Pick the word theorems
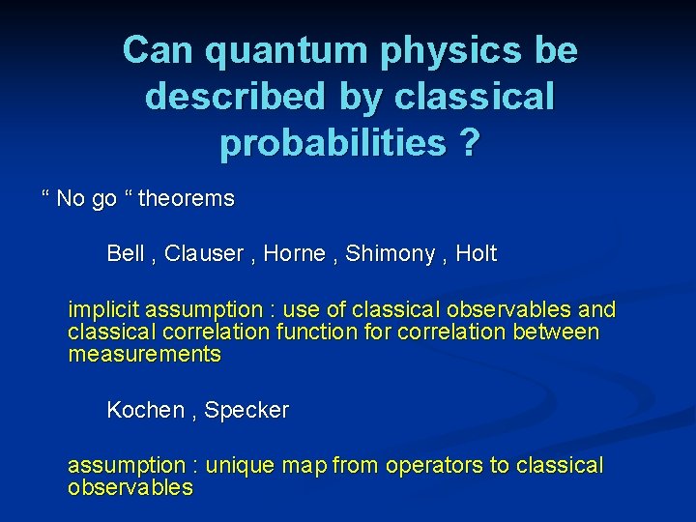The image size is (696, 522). [x=187, y=199]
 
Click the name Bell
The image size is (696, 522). [x=125, y=254]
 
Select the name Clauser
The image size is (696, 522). [x=204, y=254]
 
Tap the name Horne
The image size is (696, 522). [x=295, y=254]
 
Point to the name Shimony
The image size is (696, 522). [x=391, y=254]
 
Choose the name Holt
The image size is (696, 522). [x=476, y=254]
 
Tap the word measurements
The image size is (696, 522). [x=144, y=355]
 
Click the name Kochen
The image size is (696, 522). [x=145, y=410]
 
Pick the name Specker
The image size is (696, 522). [x=246, y=410]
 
